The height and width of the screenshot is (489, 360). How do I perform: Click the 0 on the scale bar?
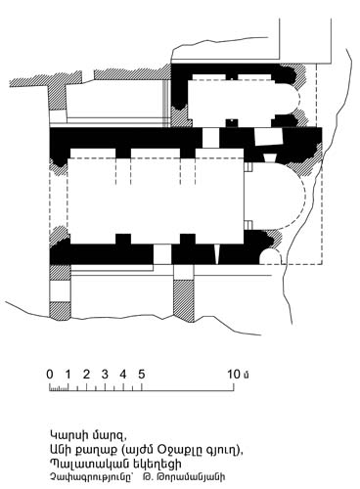tap(50, 375)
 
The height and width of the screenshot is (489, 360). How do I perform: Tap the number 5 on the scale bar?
tap(142, 375)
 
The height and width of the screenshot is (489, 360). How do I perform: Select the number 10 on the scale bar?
tap(234, 375)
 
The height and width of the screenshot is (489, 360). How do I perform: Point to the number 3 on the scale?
tap(105, 375)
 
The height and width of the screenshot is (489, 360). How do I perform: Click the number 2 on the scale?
tap(86, 375)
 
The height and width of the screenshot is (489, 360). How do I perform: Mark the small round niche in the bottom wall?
tap(270, 256)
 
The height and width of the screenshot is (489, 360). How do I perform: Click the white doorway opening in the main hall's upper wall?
tap(210, 138)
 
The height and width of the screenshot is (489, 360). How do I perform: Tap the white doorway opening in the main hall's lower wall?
tap(162, 254)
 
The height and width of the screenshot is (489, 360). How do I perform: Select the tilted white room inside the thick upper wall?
tap(268, 136)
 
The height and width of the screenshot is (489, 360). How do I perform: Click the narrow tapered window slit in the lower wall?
tap(216, 254)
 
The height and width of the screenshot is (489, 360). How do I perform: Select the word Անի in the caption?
tap(60, 450)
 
